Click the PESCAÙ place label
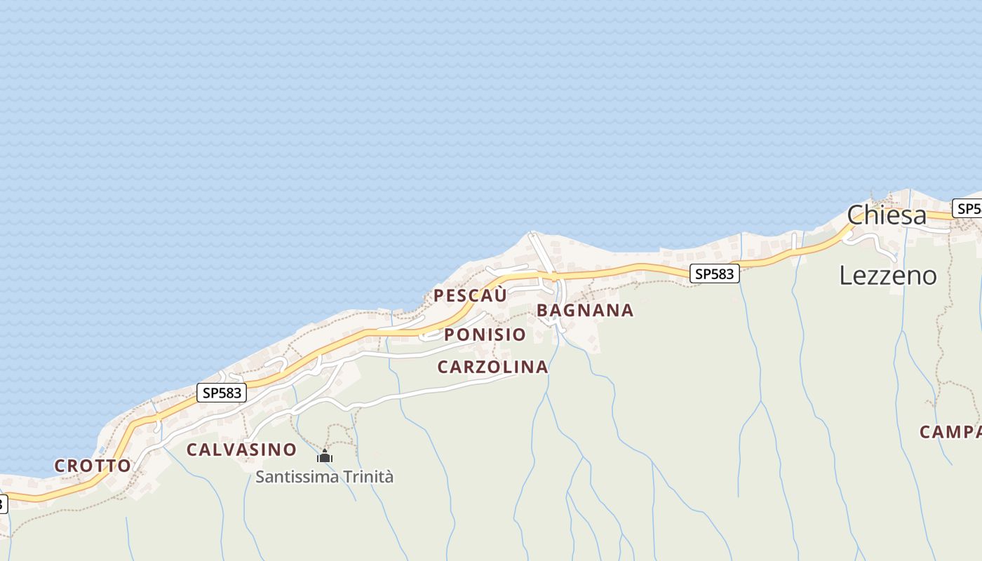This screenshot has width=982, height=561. (x=470, y=295)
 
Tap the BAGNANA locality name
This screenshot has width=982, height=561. (x=585, y=310)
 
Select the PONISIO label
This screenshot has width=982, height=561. (x=485, y=334)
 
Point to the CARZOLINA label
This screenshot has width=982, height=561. (x=492, y=367)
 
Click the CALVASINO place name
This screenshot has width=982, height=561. (x=241, y=450)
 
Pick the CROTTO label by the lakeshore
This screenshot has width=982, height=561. (x=93, y=466)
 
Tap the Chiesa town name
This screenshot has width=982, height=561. (x=887, y=215)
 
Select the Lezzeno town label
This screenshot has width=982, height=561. (x=887, y=276)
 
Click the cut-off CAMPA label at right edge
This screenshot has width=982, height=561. (x=950, y=432)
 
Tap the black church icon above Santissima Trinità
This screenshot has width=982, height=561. (x=324, y=457)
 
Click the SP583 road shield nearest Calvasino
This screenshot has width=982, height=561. (x=222, y=393)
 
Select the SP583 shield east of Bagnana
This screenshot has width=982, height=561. (x=714, y=273)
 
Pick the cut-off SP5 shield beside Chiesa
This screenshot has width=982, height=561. (x=967, y=208)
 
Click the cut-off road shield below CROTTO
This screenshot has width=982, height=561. (x=3, y=503)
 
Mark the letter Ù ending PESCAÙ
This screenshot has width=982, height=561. (x=500, y=295)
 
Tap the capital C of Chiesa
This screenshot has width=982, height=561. (x=855, y=215)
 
